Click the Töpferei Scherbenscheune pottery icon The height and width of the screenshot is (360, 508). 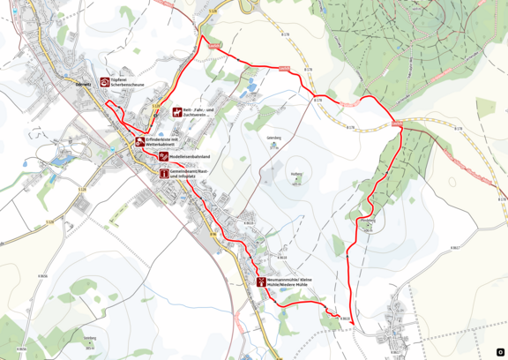105,82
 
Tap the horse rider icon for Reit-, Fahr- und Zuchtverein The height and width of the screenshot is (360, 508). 176,113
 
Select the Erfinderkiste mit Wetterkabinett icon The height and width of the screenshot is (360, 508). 139,141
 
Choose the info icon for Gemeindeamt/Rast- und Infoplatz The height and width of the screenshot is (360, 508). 164,174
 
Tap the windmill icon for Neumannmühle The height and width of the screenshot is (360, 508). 261,282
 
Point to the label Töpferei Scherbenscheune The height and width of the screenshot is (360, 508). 128,82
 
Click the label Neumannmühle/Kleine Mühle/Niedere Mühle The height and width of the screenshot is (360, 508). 290,282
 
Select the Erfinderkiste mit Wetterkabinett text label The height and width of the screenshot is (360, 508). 166,141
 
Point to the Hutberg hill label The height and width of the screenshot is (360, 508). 296,174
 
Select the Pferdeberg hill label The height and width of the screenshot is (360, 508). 368,220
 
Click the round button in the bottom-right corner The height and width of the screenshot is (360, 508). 500,352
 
